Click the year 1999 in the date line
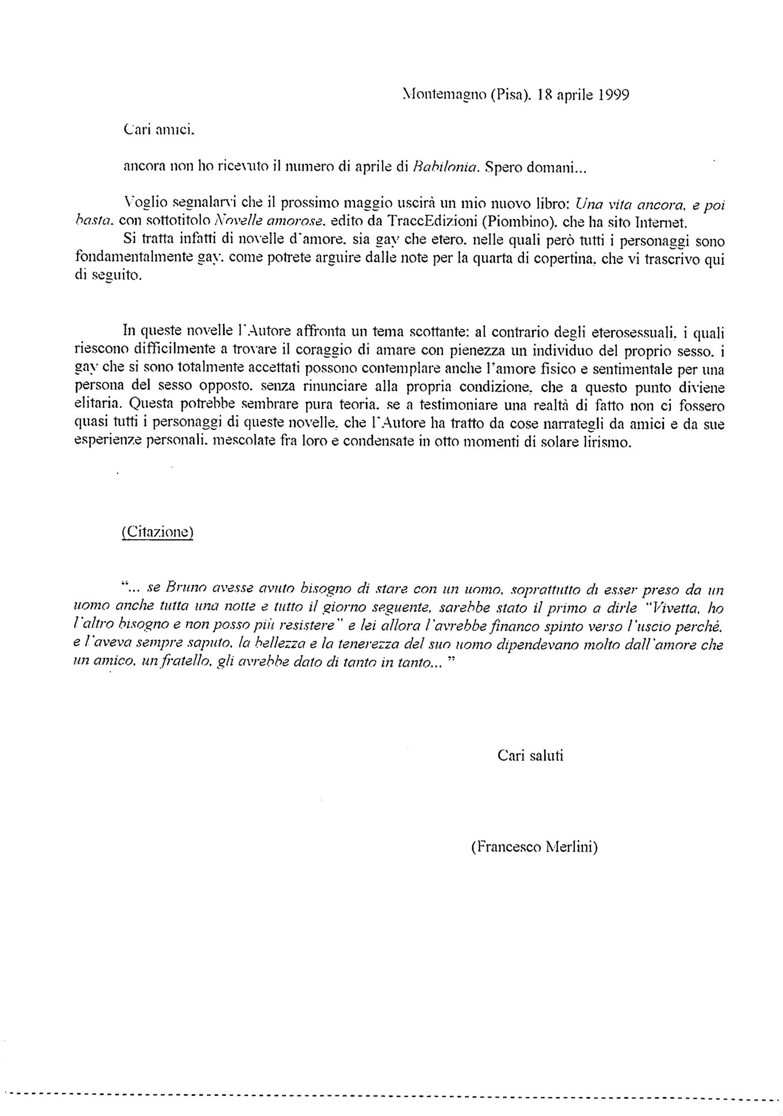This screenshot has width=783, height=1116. (x=609, y=95)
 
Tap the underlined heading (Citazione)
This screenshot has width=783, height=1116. (x=158, y=532)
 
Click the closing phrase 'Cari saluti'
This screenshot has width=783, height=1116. (x=530, y=755)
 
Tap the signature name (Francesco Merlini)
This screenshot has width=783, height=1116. (x=533, y=846)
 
